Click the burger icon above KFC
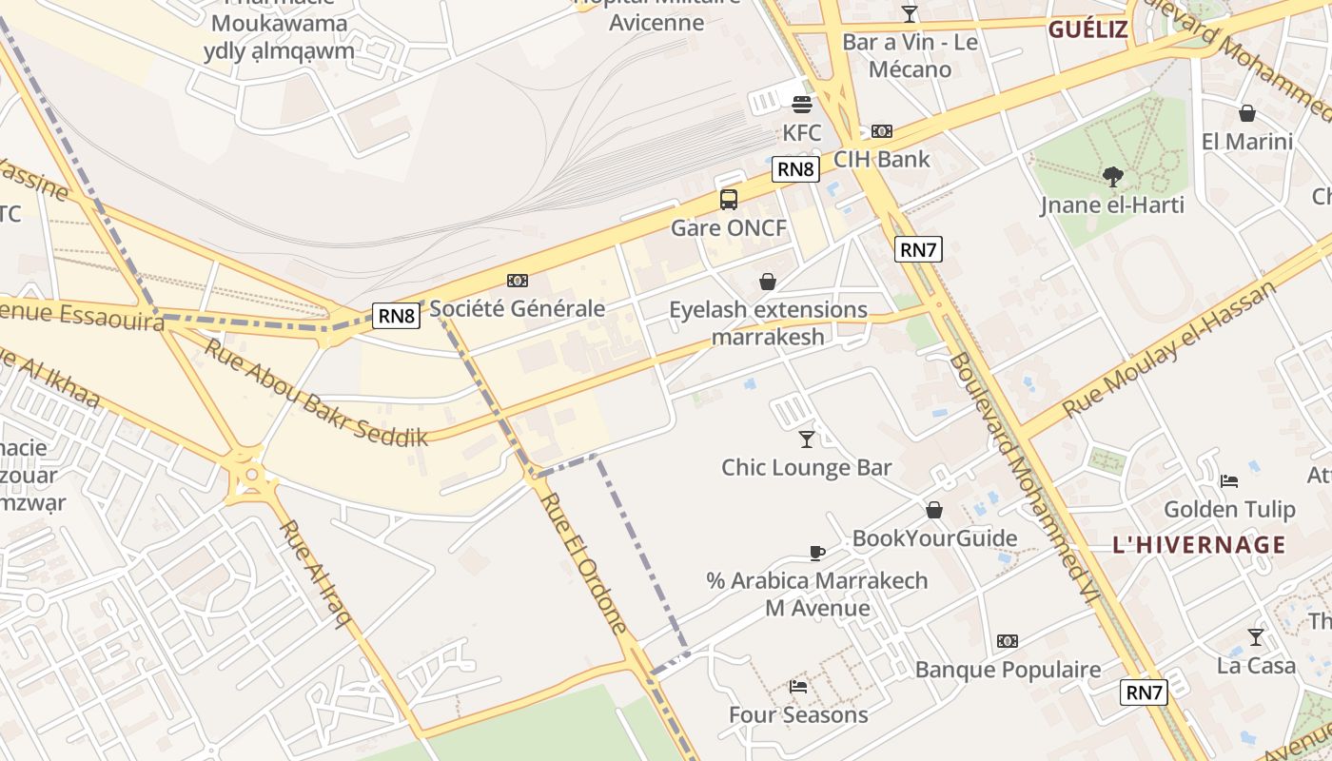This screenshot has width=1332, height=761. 802,104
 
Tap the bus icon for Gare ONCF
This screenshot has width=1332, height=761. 729,200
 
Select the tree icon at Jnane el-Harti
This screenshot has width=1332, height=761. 1112,176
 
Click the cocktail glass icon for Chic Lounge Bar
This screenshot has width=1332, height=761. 807,439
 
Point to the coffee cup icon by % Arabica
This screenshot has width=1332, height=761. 816,553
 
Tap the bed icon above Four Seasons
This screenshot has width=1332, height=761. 798,686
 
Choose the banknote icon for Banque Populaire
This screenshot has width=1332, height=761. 1008,641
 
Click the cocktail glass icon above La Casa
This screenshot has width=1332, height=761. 1256,637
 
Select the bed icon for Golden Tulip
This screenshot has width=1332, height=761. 1229,481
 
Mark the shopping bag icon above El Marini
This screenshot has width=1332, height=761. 1247,113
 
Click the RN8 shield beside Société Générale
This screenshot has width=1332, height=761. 396,316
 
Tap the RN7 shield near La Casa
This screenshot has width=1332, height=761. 1144,693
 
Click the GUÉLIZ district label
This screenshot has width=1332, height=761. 1087,29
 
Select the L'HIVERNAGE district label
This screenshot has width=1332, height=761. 1199,546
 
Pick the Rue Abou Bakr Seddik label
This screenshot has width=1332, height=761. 315,393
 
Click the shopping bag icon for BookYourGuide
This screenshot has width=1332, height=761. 934,510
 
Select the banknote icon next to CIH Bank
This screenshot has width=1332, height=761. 882,131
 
